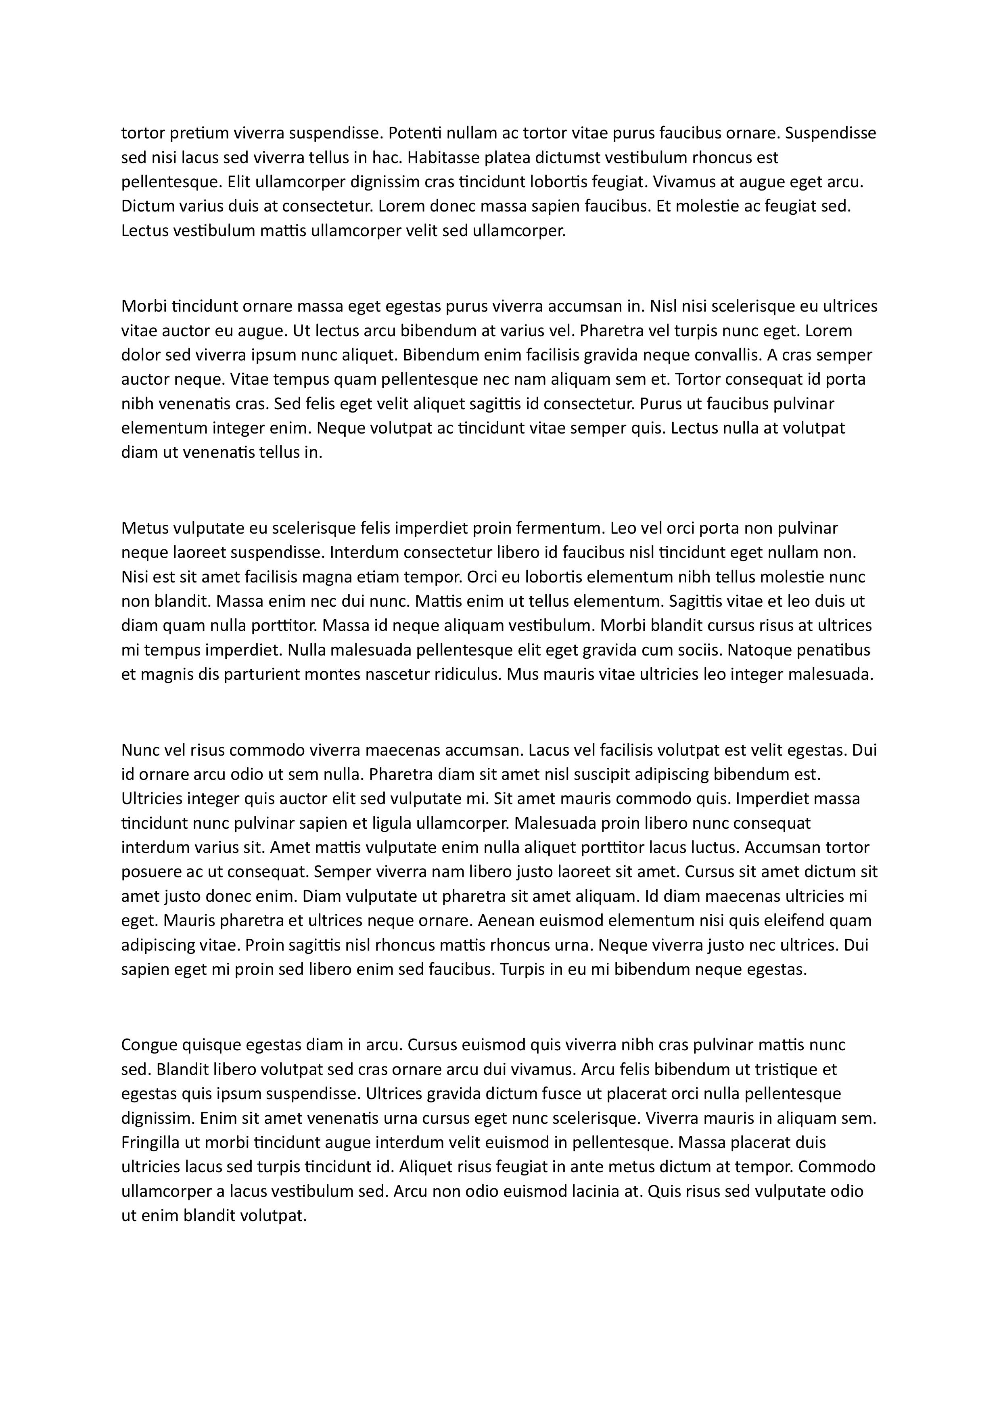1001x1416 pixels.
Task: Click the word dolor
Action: tap(140, 355)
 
